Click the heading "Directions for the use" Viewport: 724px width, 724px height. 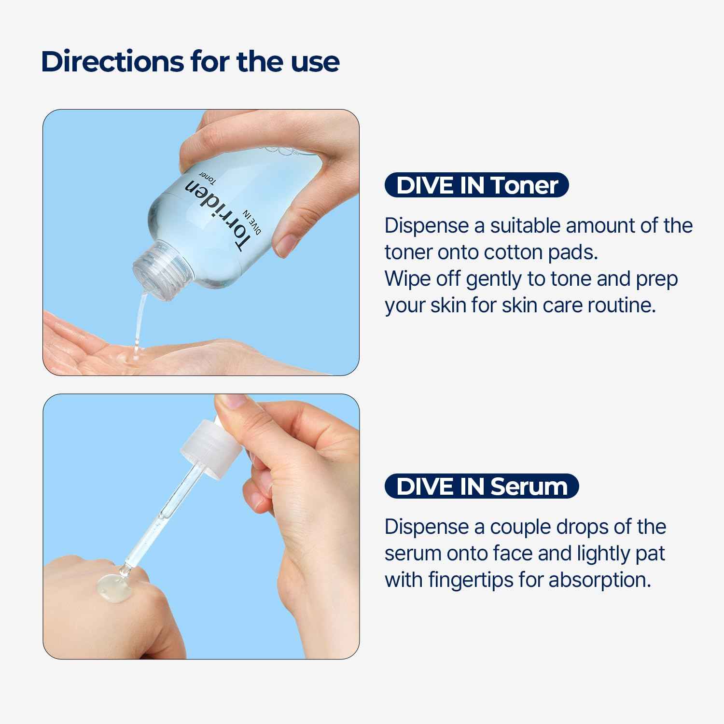click(x=190, y=62)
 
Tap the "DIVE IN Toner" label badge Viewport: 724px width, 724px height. click(x=476, y=185)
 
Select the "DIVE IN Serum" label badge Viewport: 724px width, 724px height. click(x=481, y=486)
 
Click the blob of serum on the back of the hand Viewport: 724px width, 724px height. click(x=113, y=585)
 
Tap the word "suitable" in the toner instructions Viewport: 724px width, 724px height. click(x=525, y=226)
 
